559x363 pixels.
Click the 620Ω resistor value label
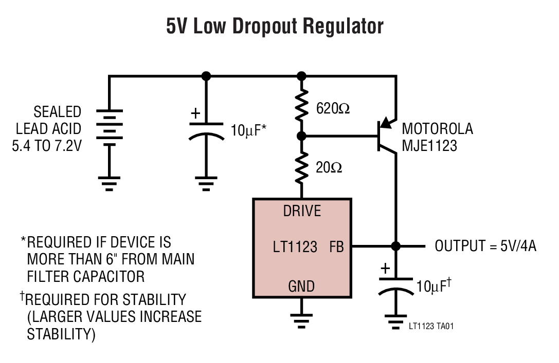(333, 108)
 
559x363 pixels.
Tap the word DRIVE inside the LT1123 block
(302, 211)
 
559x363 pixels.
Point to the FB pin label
(336, 247)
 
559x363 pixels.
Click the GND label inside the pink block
(301, 286)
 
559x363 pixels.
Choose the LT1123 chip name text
(295, 247)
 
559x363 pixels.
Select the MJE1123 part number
(429, 146)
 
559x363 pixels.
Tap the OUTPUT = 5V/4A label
(485, 246)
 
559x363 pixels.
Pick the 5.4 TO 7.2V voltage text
(47, 146)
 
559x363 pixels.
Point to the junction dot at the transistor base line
(302, 136)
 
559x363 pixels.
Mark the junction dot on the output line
(395, 246)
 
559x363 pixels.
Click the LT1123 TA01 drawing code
(431, 326)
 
